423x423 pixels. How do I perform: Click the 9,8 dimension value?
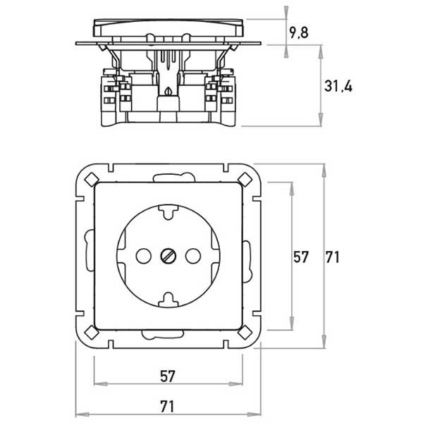pos(299,32)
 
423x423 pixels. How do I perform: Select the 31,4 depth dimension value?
pos(338,86)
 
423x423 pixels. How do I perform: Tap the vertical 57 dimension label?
pos(300,257)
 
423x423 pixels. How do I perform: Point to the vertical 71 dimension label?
pos(332,257)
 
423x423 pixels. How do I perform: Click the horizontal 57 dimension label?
pos(168,376)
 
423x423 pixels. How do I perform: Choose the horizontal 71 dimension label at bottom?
pos(167,406)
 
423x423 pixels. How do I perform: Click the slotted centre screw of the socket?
pos(168,256)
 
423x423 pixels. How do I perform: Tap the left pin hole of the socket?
pos(144,256)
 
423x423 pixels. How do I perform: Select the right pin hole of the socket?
pos(193,256)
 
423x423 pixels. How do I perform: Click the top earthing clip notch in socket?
pos(168,211)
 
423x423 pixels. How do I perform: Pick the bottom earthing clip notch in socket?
pos(168,300)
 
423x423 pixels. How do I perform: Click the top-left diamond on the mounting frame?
pos(92,179)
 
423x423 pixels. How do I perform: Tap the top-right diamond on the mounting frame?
pos(245,179)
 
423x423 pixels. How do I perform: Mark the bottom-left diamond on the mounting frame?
pos(92,332)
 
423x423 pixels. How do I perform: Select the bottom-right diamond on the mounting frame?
pos(245,332)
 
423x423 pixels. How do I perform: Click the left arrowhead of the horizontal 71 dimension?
pos(82,414)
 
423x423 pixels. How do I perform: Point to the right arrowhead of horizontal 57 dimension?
pos(235,384)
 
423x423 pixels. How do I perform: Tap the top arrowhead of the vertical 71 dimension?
pos(324,171)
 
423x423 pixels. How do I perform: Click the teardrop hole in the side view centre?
pos(168,91)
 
